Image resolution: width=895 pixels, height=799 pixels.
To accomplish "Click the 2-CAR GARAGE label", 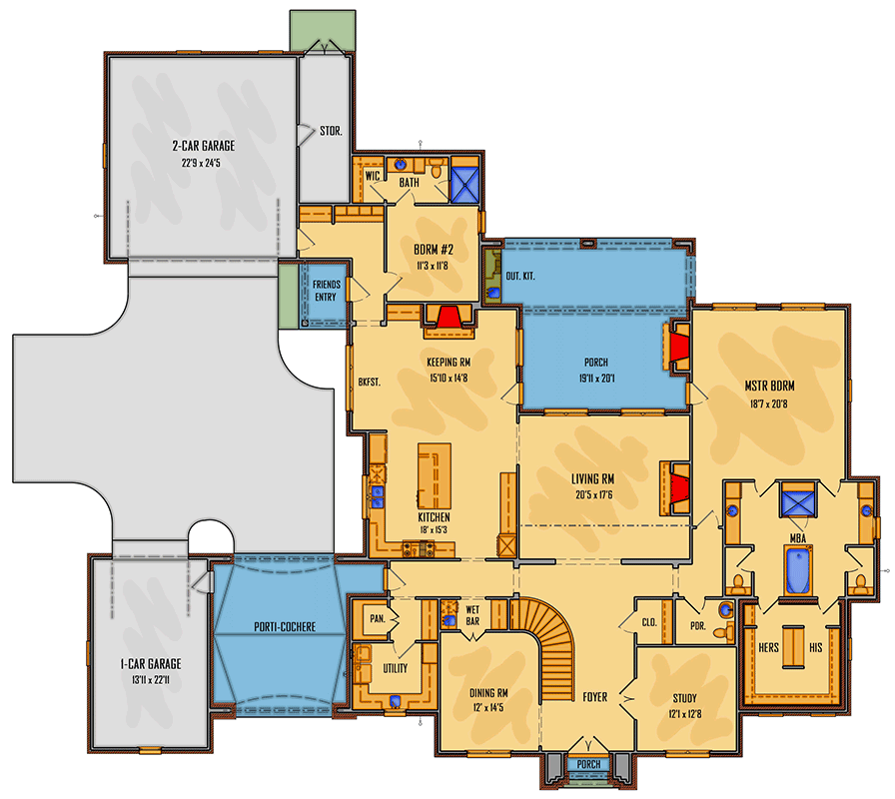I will click(202, 145).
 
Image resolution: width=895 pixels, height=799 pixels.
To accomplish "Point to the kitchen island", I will click(434, 476).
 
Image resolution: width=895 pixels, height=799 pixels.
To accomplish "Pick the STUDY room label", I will click(685, 698).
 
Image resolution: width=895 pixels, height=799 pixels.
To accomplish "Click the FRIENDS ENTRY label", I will click(327, 291).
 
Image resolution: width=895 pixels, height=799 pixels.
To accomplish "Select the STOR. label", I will click(331, 130).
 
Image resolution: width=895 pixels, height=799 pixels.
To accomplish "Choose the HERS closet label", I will click(768, 646).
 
